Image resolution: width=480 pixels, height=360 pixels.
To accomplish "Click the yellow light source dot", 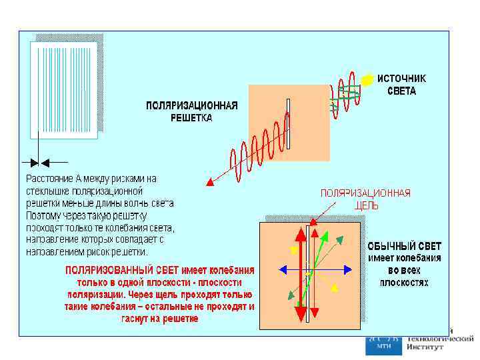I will (366, 79).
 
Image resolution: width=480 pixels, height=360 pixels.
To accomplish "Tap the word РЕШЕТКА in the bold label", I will (191, 118).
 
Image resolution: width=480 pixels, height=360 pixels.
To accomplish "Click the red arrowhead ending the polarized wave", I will (209, 181).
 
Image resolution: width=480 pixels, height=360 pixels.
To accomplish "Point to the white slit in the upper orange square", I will (289, 124).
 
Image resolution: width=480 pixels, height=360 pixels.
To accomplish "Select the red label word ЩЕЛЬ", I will (367, 205).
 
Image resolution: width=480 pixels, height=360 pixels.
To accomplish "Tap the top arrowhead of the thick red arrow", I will (300, 234).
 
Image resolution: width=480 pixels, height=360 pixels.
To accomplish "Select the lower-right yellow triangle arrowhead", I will (335, 288).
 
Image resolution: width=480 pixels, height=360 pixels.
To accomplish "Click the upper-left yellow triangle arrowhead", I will (294, 251).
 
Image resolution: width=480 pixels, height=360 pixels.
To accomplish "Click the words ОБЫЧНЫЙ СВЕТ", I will (405, 247).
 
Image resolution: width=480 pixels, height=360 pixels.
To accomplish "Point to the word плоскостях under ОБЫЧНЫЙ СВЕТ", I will (404, 282).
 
